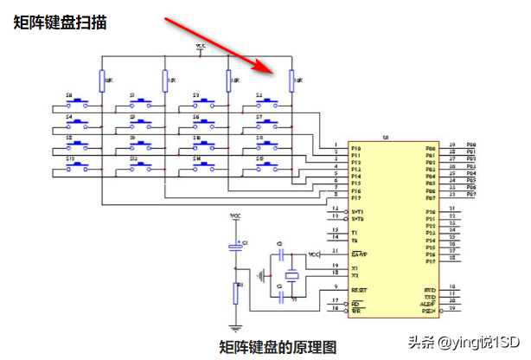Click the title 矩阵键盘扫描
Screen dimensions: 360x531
pos(61,23)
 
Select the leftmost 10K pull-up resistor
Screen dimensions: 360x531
pos(102,81)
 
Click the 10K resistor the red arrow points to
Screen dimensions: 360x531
pos(291,81)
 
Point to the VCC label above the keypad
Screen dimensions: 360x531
pos(201,45)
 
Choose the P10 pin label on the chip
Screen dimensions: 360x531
pos(356,149)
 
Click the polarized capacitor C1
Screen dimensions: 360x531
pos(234,249)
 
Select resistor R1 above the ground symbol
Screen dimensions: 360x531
pos(234,292)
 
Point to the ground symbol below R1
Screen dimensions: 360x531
pos(234,328)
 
